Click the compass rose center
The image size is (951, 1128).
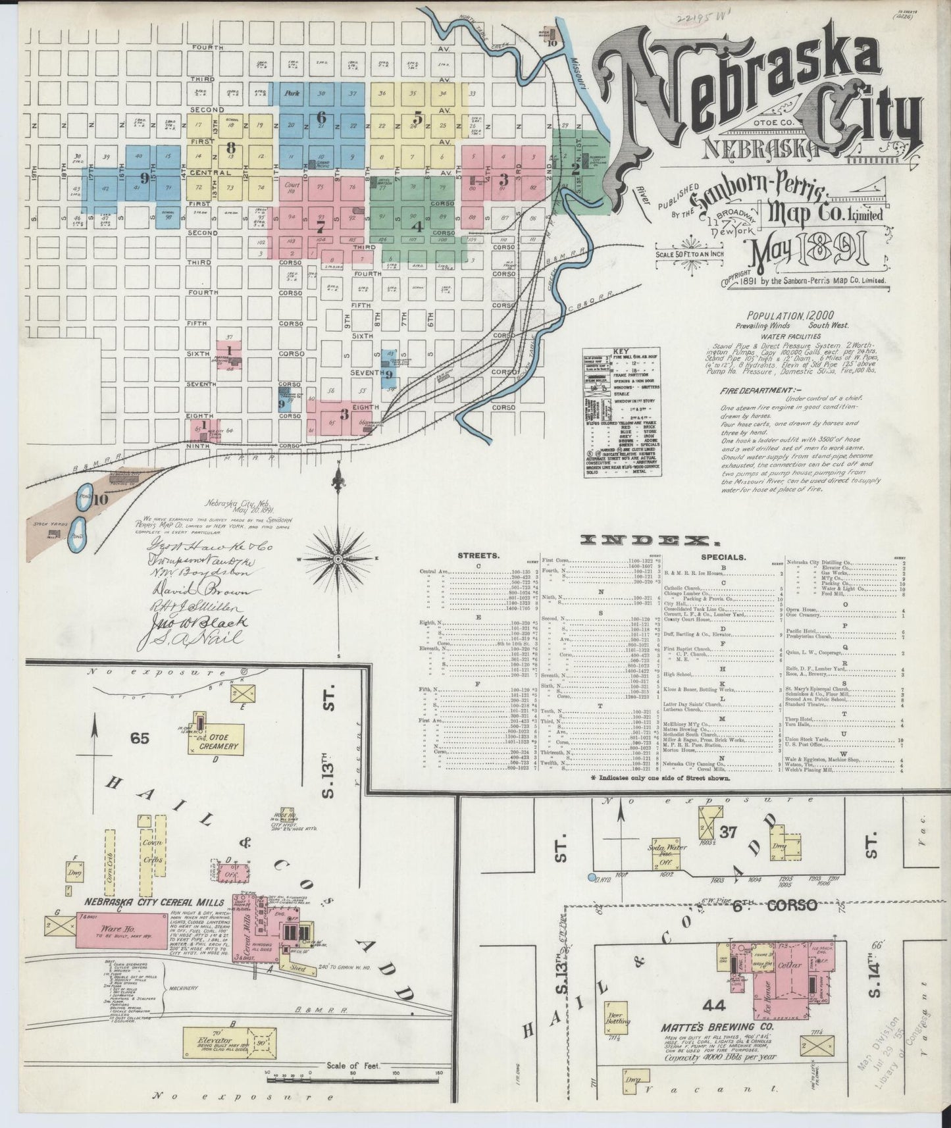(x=338, y=559)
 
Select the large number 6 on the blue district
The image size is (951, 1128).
(x=321, y=117)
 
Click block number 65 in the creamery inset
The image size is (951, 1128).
(x=140, y=738)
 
